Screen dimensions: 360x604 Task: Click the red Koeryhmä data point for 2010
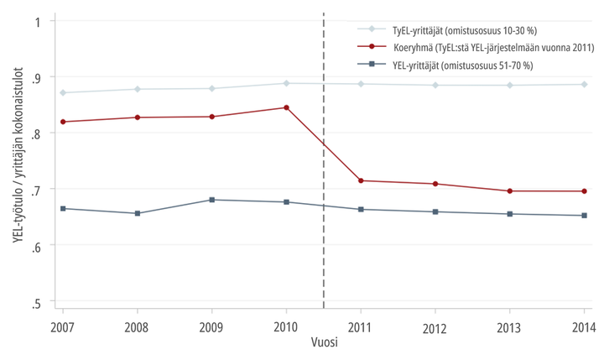286,107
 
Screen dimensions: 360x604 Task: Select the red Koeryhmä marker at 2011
361,180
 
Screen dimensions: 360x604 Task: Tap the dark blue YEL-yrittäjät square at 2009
211,200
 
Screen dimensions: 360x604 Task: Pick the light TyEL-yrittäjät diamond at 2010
286,83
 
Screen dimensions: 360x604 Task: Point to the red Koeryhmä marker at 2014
584,191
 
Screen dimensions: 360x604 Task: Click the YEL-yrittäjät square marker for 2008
138,213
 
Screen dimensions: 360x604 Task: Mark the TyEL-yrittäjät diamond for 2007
63,92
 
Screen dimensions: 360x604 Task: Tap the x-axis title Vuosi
323,343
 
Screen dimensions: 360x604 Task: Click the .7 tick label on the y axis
36,189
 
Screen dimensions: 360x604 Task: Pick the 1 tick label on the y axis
39,21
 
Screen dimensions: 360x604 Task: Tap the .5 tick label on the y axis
36,301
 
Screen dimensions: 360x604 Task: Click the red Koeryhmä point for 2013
509,191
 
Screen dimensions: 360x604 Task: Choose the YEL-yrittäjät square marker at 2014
584,216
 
